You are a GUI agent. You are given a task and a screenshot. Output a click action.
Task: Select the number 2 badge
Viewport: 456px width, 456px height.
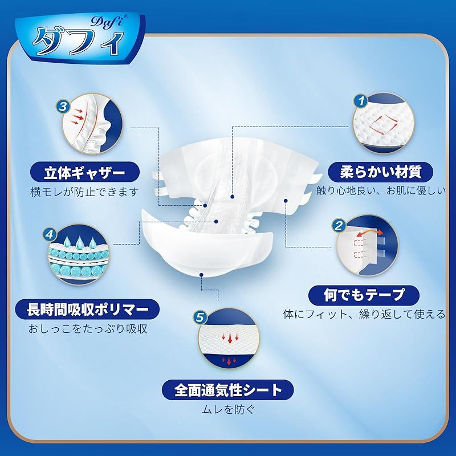(339, 226)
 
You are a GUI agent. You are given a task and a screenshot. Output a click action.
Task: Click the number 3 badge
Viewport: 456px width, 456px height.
(64, 105)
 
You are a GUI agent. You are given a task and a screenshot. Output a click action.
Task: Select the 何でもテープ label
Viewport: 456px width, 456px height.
(364, 294)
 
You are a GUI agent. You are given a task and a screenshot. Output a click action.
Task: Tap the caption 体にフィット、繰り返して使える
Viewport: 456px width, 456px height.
(364, 313)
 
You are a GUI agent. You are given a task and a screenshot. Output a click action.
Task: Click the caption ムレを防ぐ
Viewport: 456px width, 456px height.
(229, 408)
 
